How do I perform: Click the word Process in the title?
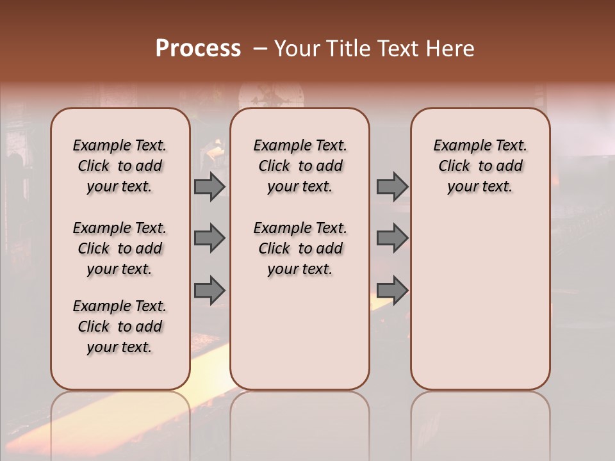[x=198, y=49]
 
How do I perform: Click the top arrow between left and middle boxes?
[x=209, y=187]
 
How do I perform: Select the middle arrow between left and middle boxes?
[x=209, y=238]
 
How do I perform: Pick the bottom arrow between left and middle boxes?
[x=209, y=290]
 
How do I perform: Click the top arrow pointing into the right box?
[x=392, y=187]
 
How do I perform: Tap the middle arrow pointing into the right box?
[x=392, y=238]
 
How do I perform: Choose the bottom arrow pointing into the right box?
[x=392, y=290]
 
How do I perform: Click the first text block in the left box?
[x=120, y=166]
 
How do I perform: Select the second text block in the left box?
[x=120, y=248]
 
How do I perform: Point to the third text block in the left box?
[x=120, y=327]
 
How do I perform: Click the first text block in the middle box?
[x=300, y=166]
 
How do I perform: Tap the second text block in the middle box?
[x=300, y=248]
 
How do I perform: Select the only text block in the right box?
[x=480, y=166]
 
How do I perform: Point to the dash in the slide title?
[x=260, y=49]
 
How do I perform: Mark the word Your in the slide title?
[x=297, y=49]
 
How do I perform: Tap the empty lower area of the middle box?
[x=300, y=339]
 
